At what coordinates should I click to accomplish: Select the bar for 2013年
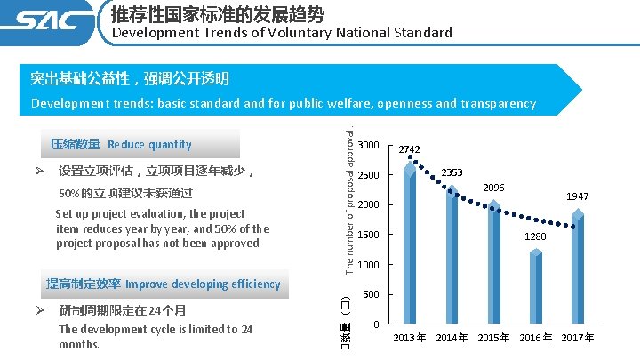pos(409,244)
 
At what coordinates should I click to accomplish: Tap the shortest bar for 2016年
pos(535,288)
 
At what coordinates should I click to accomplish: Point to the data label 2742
pos(410,149)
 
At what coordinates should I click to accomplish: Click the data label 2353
pos(452,172)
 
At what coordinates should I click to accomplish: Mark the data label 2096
pos(494,188)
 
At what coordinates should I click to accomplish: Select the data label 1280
pos(535,236)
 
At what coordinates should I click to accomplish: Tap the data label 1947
pos(578,196)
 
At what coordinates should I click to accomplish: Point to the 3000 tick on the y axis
pos(369,145)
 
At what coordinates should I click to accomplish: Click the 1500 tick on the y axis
pos(369,235)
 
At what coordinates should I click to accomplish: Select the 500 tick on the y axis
pos(372,294)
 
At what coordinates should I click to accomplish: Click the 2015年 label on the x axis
pos(493,338)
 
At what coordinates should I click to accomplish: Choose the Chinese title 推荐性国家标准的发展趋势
pos(218,14)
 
